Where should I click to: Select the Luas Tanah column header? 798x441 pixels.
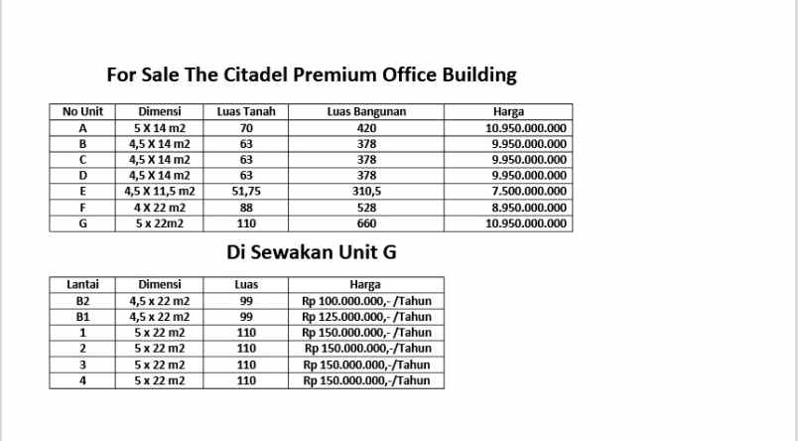[246, 112]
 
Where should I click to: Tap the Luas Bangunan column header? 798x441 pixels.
[366, 112]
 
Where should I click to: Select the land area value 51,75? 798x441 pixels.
[246, 192]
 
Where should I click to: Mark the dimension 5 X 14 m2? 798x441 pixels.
[160, 128]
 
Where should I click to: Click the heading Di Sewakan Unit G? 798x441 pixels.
[312, 252]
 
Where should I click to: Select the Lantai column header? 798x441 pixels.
[82, 284]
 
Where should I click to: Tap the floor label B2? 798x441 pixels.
[82, 300]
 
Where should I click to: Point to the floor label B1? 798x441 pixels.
[82, 316]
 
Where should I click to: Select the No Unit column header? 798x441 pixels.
[82, 112]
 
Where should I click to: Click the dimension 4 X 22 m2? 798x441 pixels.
[160, 208]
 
